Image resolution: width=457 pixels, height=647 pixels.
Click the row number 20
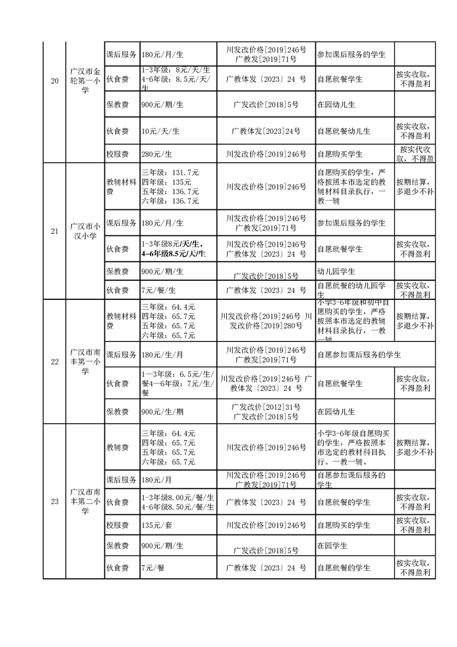coord(55,81)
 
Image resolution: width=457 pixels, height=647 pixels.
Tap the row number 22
coord(55,362)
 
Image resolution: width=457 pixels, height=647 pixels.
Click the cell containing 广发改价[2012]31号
coord(266,408)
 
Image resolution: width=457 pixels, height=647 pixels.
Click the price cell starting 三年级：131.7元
coord(170,186)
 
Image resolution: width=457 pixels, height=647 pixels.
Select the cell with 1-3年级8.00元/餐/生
coord(177,502)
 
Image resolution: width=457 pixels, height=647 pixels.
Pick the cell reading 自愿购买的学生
coord(343,525)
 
